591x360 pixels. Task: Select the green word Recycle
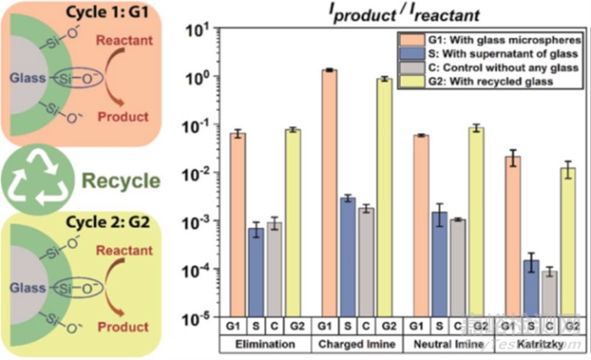(x=122, y=181)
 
